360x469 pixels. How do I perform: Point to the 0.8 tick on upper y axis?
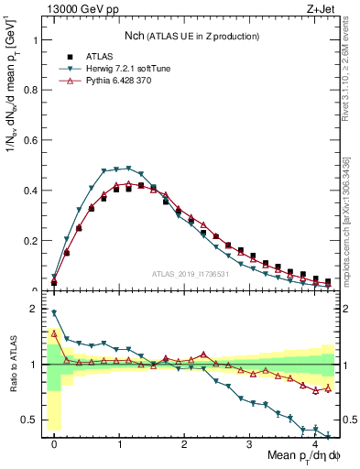click(31, 91)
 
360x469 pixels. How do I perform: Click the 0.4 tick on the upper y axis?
click(31, 191)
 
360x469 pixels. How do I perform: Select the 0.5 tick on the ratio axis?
click(31, 420)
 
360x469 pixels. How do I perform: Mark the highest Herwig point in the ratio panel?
click(54, 312)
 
